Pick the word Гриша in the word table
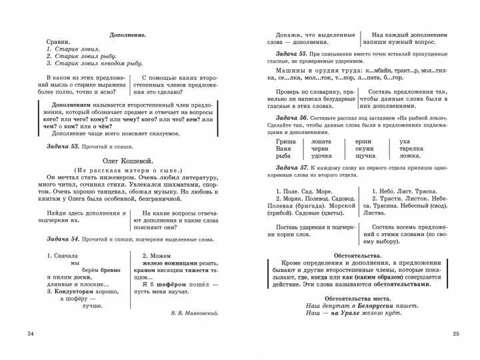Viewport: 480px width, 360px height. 285,141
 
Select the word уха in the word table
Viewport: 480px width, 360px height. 405,141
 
